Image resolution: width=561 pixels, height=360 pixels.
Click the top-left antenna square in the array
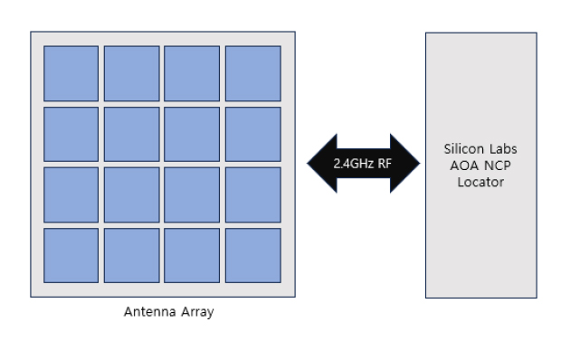tap(71, 73)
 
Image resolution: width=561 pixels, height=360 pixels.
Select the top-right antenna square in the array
tap(252, 73)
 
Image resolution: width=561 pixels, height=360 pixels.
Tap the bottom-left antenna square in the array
tap(71, 255)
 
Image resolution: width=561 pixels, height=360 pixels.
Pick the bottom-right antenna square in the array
tap(252, 255)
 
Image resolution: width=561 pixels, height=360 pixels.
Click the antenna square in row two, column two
tap(131, 134)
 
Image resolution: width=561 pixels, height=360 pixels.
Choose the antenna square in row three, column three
tap(192, 194)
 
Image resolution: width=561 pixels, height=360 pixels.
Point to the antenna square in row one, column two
tap(131, 73)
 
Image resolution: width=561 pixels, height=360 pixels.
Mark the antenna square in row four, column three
tap(192, 255)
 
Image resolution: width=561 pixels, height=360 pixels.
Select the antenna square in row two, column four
tap(252, 134)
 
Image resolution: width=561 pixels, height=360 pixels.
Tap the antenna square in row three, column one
tap(71, 194)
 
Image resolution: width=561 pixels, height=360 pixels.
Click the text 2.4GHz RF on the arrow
tap(362, 165)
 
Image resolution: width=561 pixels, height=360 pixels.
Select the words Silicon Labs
tap(480, 150)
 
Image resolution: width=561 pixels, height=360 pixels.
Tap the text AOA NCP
tap(480, 166)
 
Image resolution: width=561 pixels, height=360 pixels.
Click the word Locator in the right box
tap(480, 182)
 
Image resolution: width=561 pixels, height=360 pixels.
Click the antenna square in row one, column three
tap(192, 73)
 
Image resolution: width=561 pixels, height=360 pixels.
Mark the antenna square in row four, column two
tap(131, 255)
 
